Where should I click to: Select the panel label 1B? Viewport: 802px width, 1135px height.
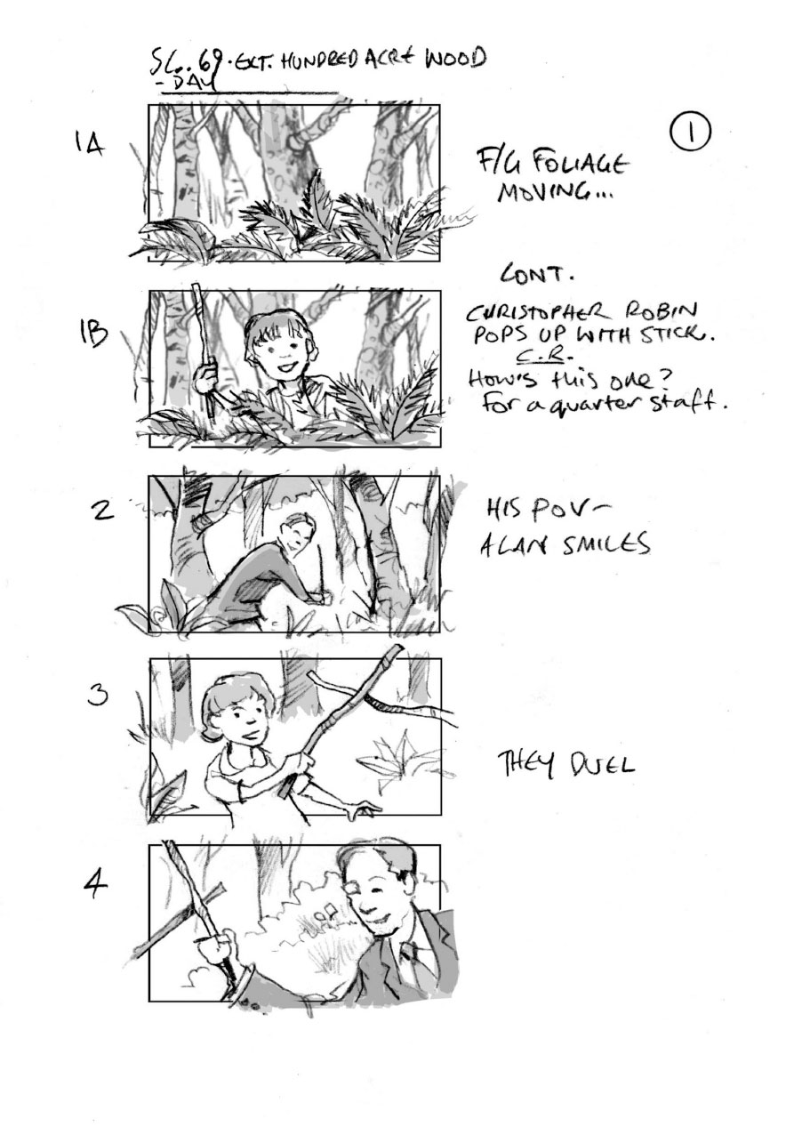pyautogui.click(x=95, y=335)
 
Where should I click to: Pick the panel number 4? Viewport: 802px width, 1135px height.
pyautogui.click(x=97, y=886)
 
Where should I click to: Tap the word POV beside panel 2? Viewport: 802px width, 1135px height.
pyautogui.click(x=548, y=509)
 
